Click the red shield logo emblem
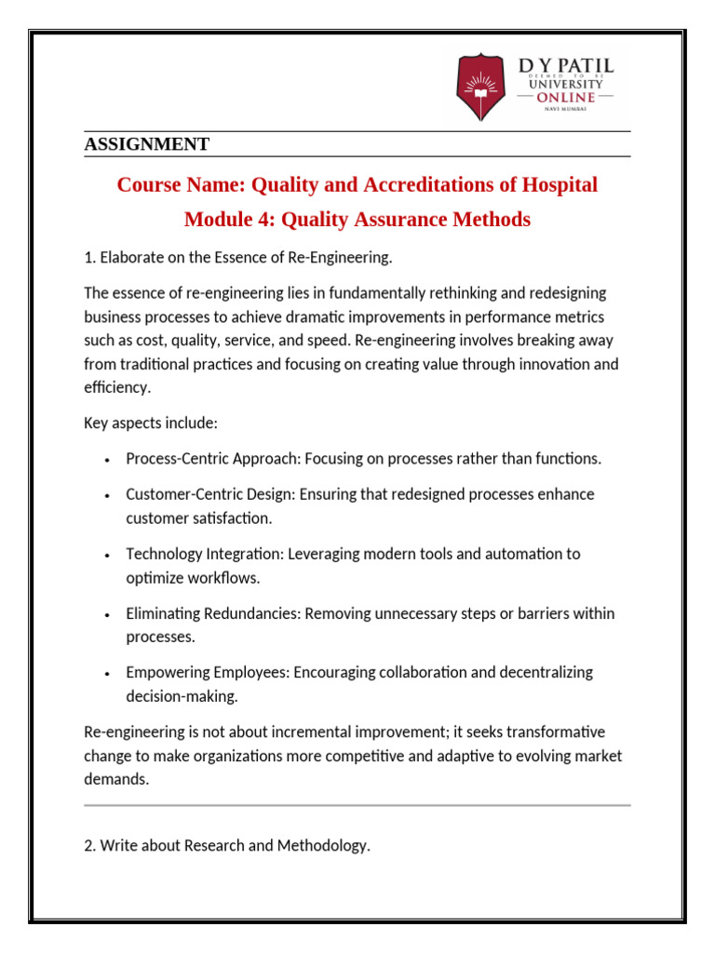[481, 87]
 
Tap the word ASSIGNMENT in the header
[146, 144]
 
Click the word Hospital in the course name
[560, 185]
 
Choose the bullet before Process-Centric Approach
[109, 460]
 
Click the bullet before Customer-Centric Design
[109, 495]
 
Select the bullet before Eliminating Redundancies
[109, 615]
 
